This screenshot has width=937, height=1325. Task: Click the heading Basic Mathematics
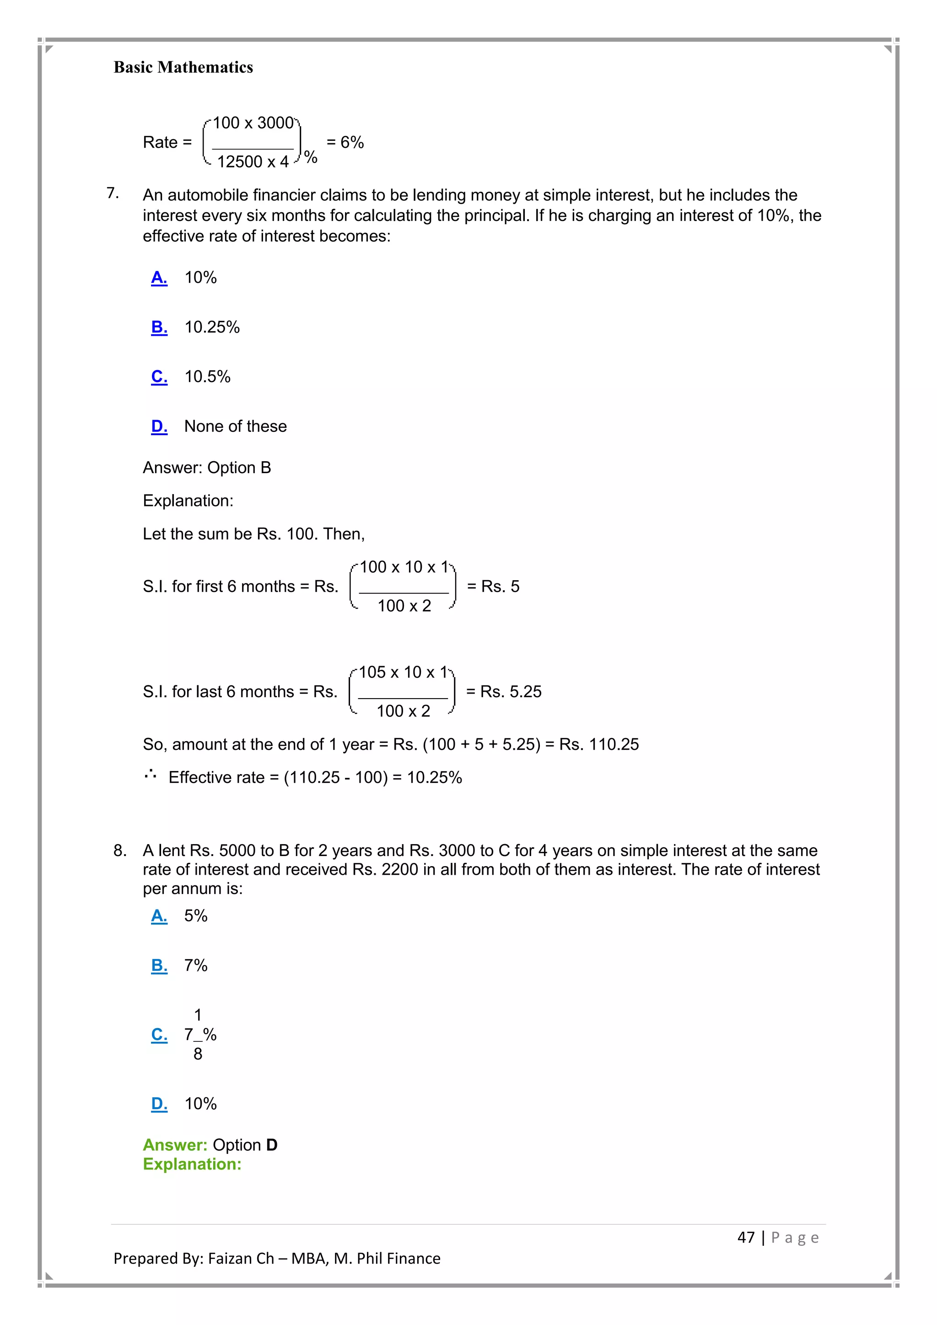point(183,68)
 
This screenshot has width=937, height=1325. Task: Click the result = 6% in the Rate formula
point(345,143)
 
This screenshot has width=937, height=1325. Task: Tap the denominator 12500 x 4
point(253,162)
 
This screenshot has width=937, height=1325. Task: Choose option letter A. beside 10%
point(159,278)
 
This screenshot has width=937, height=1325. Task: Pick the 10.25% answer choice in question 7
point(212,327)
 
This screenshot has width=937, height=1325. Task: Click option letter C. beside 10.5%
point(159,377)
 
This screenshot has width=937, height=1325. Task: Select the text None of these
point(236,426)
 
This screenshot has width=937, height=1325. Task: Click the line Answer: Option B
point(206,468)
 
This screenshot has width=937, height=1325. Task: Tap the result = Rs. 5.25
point(504,692)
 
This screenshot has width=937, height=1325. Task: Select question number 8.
point(119,851)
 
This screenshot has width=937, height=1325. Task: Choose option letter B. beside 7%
point(159,965)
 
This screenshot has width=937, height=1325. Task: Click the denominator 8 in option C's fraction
point(198,1054)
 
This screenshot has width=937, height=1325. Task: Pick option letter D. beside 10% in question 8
point(159,1104)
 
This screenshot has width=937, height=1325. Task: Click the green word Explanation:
point(192,1164)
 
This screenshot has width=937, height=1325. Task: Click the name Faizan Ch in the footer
point(241,1259)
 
